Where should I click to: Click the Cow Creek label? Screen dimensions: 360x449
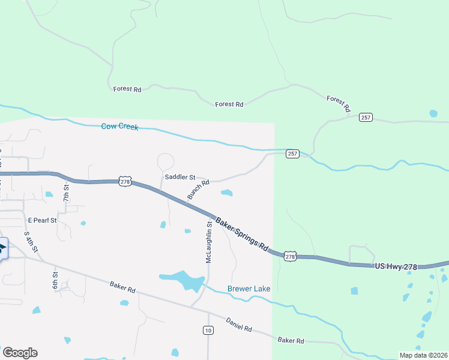click(x=119, y=127)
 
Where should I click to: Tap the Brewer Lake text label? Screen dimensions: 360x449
click(x=249, y=289)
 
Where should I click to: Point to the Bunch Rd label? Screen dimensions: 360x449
click(x=197, y=190)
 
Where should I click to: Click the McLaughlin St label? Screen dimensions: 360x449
click(x=209, y=242)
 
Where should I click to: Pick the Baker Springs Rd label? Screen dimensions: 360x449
click(x=241, y=233)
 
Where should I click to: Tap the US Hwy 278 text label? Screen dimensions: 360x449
click(x=396, y=265)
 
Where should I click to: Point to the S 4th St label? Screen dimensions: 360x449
click(x=31, y=241)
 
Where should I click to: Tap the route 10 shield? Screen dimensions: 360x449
click(x=208, y=331)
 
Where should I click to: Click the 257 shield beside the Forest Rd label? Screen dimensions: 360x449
click(x=366, y=117)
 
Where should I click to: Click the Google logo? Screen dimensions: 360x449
click(x=20, y=353)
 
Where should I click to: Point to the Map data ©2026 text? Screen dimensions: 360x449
click(x=423, y=355)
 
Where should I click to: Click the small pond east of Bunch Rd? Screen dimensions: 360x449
click(x=226, y=193)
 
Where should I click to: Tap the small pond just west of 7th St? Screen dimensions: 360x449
click(x=49, y=194)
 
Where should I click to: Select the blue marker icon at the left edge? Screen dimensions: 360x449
click(x=2, y=248)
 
